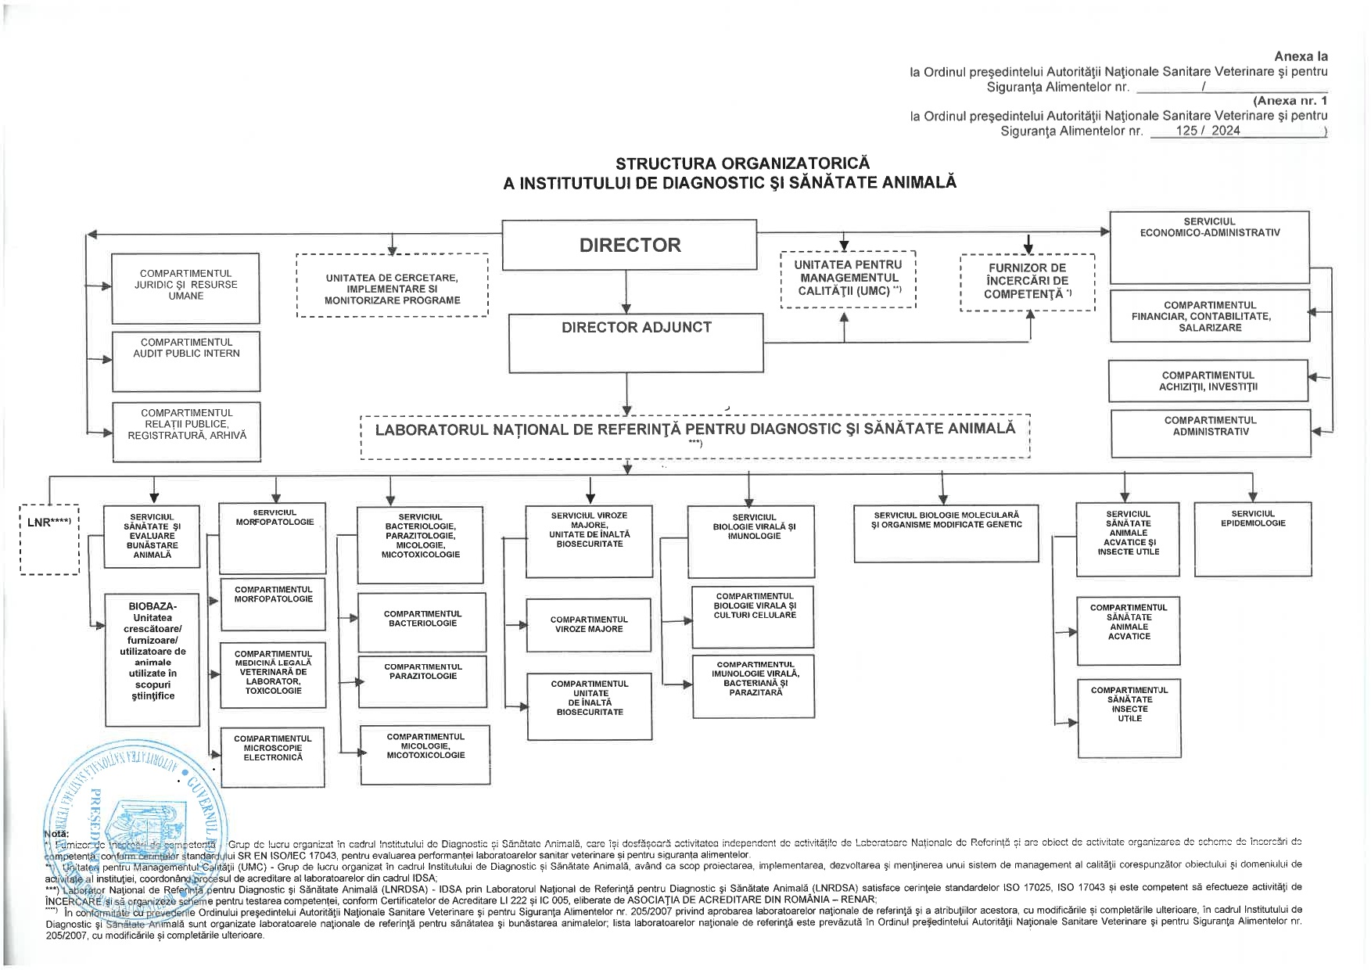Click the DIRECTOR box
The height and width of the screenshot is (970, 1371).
point(629,245)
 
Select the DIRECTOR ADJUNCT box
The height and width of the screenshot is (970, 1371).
point(636,343)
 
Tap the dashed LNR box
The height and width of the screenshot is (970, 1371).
point(50,540)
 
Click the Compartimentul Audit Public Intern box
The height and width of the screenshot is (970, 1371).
point(186,361)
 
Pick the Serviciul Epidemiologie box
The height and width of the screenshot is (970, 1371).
point(1252,539)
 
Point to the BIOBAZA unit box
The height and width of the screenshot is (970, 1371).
point(153,659)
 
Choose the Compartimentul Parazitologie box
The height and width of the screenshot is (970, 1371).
point(422,681)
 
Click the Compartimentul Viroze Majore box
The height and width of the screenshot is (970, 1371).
point(588,625)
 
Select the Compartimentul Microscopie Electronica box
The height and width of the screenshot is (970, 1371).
point(272,756)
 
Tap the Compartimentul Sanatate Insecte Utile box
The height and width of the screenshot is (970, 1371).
point(1129,718)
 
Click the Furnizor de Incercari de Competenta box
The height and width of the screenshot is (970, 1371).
point(1027,282)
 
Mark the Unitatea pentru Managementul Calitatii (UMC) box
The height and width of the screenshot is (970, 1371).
point(848,278)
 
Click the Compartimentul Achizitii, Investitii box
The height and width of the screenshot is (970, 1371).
point(1208,381)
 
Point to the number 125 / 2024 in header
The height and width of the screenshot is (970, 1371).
point(1208,131)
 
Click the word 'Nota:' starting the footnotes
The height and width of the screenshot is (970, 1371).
point(56,834)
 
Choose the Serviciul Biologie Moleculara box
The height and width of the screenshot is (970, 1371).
point(946,533)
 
